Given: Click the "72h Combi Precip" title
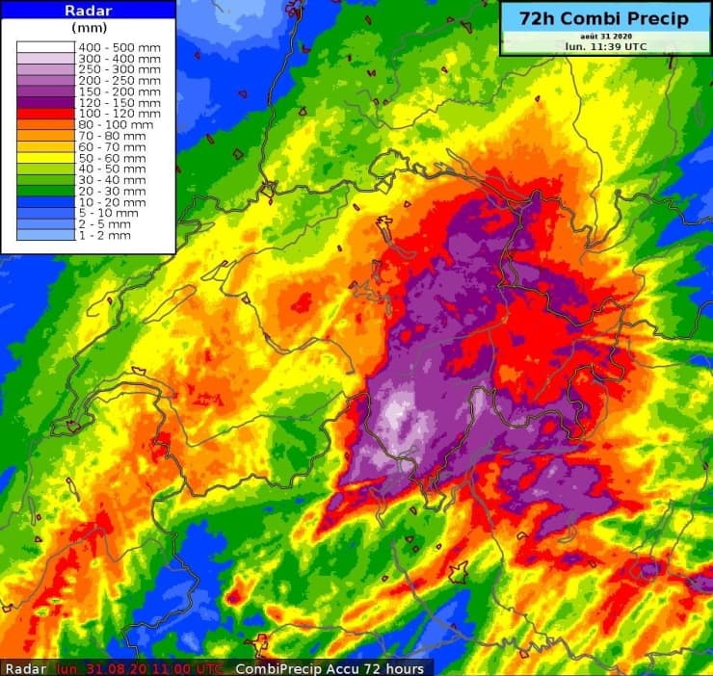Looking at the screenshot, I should (x=604, y=19).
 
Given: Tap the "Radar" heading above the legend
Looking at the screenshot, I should (x=89, y=10).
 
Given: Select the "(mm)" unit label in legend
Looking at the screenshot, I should (x=89, y=28).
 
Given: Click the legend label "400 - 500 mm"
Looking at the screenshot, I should (x=119, y=46).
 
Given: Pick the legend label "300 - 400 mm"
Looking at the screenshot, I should (x=119, y=58).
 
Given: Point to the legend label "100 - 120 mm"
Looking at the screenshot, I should (x=119, y=113).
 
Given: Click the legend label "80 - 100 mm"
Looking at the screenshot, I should (x=117, y=124).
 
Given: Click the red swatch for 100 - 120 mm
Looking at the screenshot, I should (x=46, y=113).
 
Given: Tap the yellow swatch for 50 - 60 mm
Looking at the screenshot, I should (x=46, y=157).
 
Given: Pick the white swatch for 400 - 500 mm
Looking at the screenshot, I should (x=46, y=46).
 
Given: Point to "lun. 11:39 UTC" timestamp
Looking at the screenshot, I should (x=604, y=45).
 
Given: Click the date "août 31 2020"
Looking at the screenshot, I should (x=604, y=36).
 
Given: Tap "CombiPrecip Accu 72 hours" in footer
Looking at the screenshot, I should (x=332, y=668).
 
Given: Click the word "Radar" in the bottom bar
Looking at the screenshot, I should (x=25, y=668).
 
